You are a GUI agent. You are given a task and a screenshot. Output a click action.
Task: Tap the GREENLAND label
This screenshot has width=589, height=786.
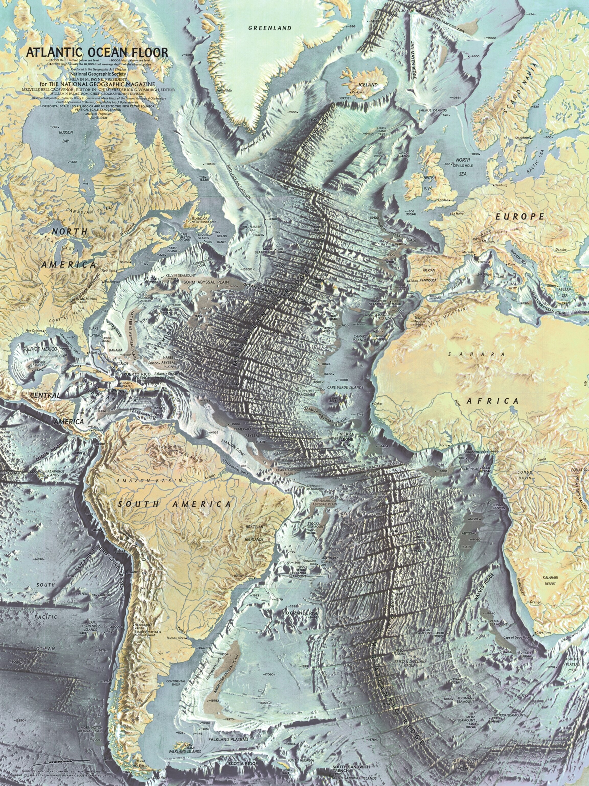tap(269, 28)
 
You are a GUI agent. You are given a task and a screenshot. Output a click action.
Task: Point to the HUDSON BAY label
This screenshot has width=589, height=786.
tap(65, 136)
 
